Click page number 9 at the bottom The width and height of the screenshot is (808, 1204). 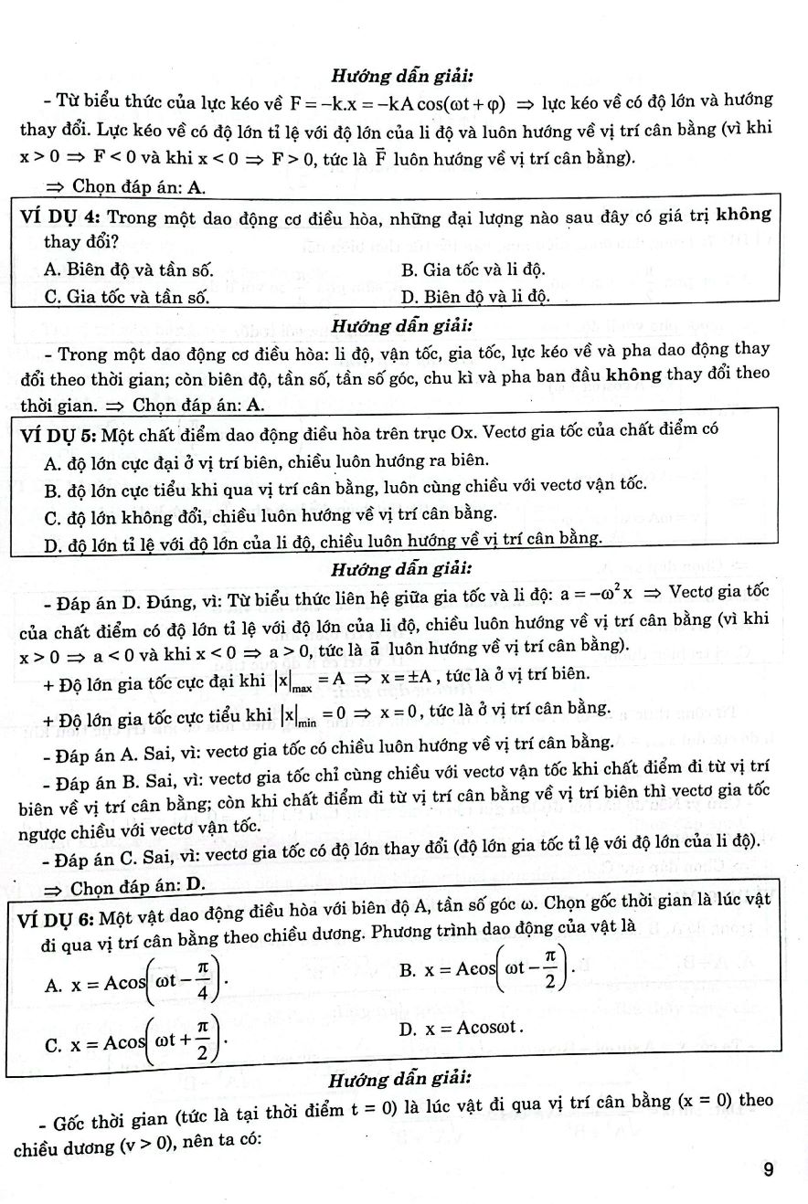[x=769, y=1168]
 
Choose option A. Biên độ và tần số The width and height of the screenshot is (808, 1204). [x=128, y=269]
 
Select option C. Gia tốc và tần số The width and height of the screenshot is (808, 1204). [x=126, y=296]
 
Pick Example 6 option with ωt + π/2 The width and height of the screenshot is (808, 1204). [x=137, y=1040]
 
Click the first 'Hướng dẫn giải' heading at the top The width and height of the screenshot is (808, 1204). [x=402, y=75]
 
